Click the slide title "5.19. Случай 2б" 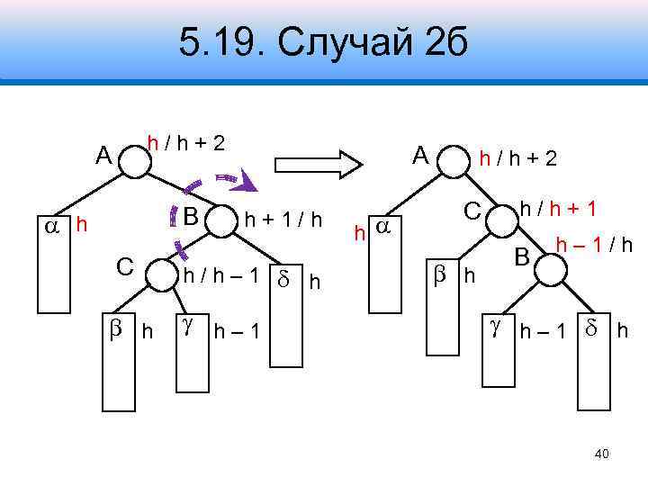point(323,41)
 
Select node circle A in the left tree point(134,163)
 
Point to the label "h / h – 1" point(221,275)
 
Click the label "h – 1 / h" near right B point(593,244)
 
